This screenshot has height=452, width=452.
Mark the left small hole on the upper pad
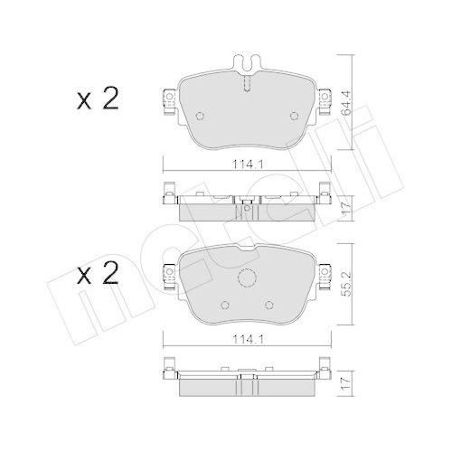[x=201, y=115]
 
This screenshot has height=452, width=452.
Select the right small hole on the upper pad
[x=293, y=115]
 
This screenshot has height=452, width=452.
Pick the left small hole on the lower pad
[x=221, y=304]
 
